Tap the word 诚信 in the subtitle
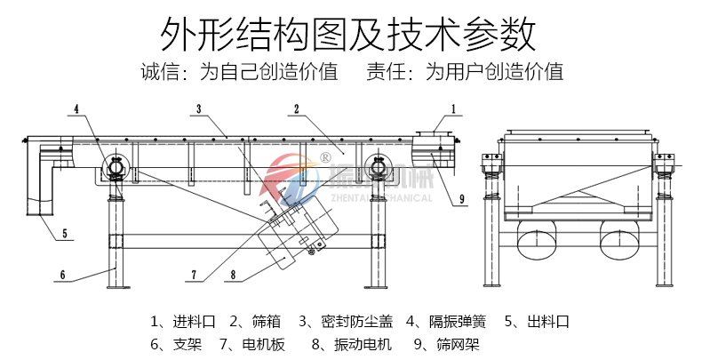(159, 72)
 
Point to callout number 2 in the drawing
(296, 108)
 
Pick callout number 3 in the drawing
(199, 108)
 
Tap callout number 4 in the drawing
(76, 108)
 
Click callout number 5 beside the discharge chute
(65, 235)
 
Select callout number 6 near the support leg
(63, 274)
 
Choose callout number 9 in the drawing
(462, 201)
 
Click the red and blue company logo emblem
(290, 177)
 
